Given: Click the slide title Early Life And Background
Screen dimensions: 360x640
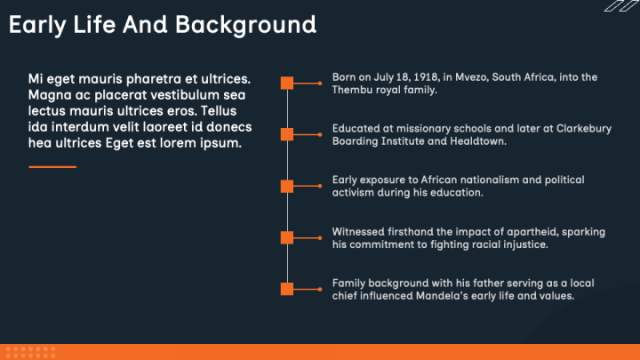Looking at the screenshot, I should pyautogui.click(x=162, y=25).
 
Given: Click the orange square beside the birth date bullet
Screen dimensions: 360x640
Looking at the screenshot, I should pyautogui.click(x=287, y=83).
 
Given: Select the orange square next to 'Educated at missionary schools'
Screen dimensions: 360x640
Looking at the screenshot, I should pyautogui.click(x=287, y=134).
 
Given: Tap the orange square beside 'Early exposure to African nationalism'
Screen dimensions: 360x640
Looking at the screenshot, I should pyautogui.click(x=287, y=186).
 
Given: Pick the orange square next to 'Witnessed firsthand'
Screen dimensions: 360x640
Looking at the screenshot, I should pyautogui.click(x=287, y=237).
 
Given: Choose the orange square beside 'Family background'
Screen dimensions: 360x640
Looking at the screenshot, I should pyautogui.click(x=287, y=289).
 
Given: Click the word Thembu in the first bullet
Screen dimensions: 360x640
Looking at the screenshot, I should pyautogui.click(x=351, y=90).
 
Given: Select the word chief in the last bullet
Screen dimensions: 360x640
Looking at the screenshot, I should pyautogui.click(x=347, y=296).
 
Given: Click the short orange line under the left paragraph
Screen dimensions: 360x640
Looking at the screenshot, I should pyautogui.click(x=52, y=166).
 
